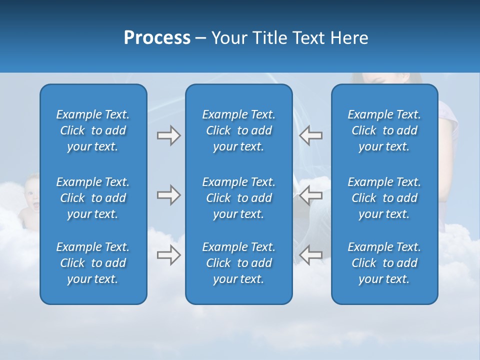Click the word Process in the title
[157, 38]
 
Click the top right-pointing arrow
[168, 135]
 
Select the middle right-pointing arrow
[168, 195]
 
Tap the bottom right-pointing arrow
[168, 255]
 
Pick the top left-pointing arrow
[311, 135]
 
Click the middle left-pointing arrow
[311, 195]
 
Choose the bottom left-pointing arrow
[311, 255]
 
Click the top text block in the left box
[93, 130]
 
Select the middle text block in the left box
[93, 198]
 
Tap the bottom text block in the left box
[93, 263]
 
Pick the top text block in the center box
[238, 130]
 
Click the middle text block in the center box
[238, 198]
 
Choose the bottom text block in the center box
[238, 263]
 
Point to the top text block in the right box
[384, 130]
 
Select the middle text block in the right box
[384, 198]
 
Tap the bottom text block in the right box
[384, 263]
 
